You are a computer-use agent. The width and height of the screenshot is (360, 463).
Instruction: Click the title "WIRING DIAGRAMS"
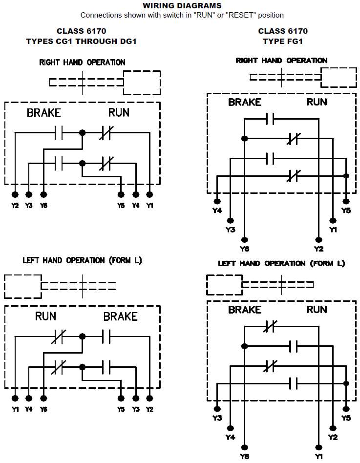pos(182,6)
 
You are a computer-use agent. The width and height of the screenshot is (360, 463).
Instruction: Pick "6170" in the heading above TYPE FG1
pos(297,31)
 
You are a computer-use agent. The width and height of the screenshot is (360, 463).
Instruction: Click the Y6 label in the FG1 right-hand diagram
pos(245,249)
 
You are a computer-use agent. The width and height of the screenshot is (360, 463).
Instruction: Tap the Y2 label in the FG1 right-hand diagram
pos(318,249)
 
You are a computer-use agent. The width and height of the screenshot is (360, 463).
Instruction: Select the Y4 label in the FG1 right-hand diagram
pos(217,210)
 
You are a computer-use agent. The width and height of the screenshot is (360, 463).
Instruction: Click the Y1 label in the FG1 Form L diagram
pos(318,456)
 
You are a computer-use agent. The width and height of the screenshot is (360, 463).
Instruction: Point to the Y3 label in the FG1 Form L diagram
pos(217,418)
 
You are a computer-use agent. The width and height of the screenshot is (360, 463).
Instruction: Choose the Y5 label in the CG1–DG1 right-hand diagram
pos(121,206)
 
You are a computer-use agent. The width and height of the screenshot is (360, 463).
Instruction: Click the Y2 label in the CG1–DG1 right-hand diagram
pos(15,206)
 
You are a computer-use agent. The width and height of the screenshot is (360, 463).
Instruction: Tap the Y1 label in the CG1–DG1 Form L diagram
pos(15,409)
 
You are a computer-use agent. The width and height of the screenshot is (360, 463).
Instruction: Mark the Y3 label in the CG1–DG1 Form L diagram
pos(135,409)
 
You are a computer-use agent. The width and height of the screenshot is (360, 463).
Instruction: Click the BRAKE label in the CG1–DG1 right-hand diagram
pos(44,113)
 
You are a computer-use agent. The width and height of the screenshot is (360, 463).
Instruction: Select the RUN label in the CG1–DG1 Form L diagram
pos(45,316)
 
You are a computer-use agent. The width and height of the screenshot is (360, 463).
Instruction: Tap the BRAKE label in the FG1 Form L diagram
pos(245,310)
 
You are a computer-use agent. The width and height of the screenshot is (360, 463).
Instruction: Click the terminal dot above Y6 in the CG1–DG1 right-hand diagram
pos(43,194)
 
